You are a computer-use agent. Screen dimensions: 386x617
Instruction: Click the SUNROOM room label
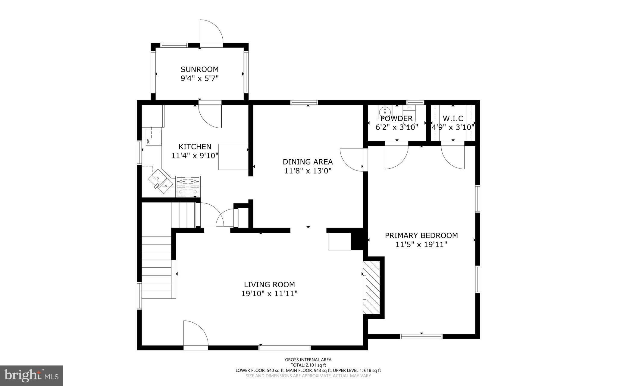[x=199, y=69]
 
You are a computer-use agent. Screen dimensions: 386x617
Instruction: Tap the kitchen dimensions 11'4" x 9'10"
[x=195, y=156]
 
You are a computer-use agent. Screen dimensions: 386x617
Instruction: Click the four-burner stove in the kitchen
[x=188, y=186]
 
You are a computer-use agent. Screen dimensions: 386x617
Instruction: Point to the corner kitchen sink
[x=161, y=181]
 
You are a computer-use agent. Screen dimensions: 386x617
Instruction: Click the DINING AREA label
[x=308, y=162]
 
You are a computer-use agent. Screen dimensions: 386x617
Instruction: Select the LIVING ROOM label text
[x=269, y=285]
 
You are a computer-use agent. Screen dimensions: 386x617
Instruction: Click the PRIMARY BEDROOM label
[x=421, y=235]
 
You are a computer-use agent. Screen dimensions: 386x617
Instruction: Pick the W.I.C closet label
[x=453, y=119]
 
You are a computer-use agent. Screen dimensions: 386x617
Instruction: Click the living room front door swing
[x=195, y=334]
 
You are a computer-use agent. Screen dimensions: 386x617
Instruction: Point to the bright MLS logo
[x=31, y=375]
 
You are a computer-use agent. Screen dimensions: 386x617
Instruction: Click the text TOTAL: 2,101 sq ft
[x=308, y=365]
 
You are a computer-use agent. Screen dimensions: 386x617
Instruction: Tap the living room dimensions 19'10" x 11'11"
[x=269, y=294]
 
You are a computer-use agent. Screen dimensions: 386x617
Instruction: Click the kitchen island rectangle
[x=233, y=157]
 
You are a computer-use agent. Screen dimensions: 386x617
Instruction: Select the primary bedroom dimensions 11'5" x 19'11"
[x=421, y=244]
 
